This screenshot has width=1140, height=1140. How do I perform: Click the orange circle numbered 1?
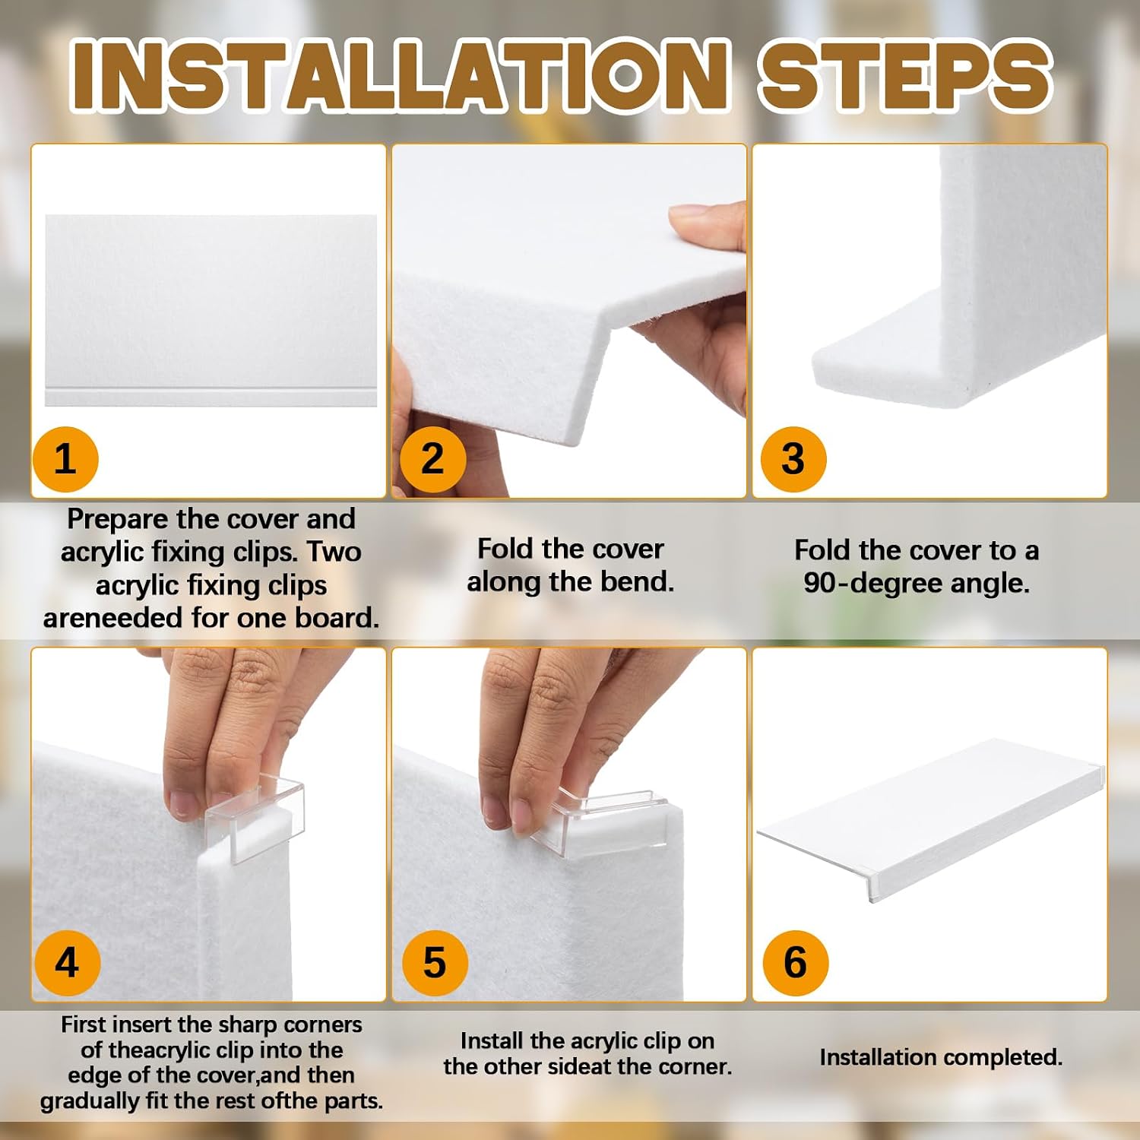pyautogui.click(x=65, y=459)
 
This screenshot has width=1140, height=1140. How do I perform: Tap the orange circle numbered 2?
pyautogui.click(x=432, y=459)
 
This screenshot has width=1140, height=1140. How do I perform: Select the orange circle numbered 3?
pyautogui.click(x=793, y=459)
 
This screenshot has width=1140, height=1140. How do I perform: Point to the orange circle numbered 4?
pyautogui.click(x=67, y=962)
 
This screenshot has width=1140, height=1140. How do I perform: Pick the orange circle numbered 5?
pyautogui.click(x=434, y=962)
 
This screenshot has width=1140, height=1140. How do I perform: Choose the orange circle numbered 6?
pyautogui.click(x=795, y=962)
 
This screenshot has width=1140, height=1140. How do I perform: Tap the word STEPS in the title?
pyautogui.click(x=905, y=74)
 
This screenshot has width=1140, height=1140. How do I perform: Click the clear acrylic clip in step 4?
pyautogui.click(x=255, y=817)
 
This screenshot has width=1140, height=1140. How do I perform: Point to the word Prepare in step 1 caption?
pyautogui.click(x=118, y=520)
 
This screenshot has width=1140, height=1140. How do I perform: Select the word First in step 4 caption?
pyautogui.click(x=80, y=1024)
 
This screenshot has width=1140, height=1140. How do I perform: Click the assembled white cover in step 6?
pyautogui.click(x=931, y=821)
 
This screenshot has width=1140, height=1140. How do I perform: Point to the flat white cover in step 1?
pyautogui.click(x=211, y=310)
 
